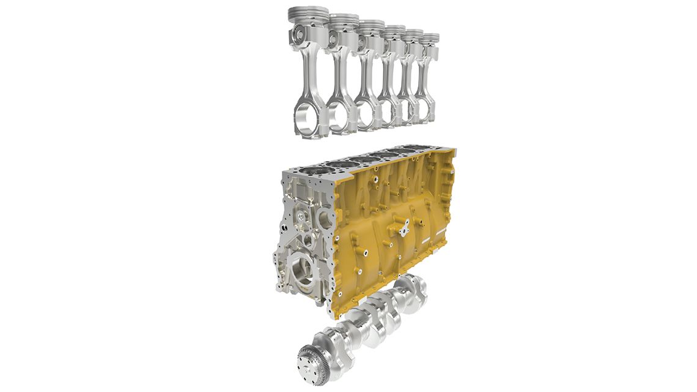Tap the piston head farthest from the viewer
[x=430, y=38]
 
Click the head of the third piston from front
[x=371, y=27]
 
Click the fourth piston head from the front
[x=394, y=31]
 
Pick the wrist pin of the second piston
[x=334, y=40]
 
